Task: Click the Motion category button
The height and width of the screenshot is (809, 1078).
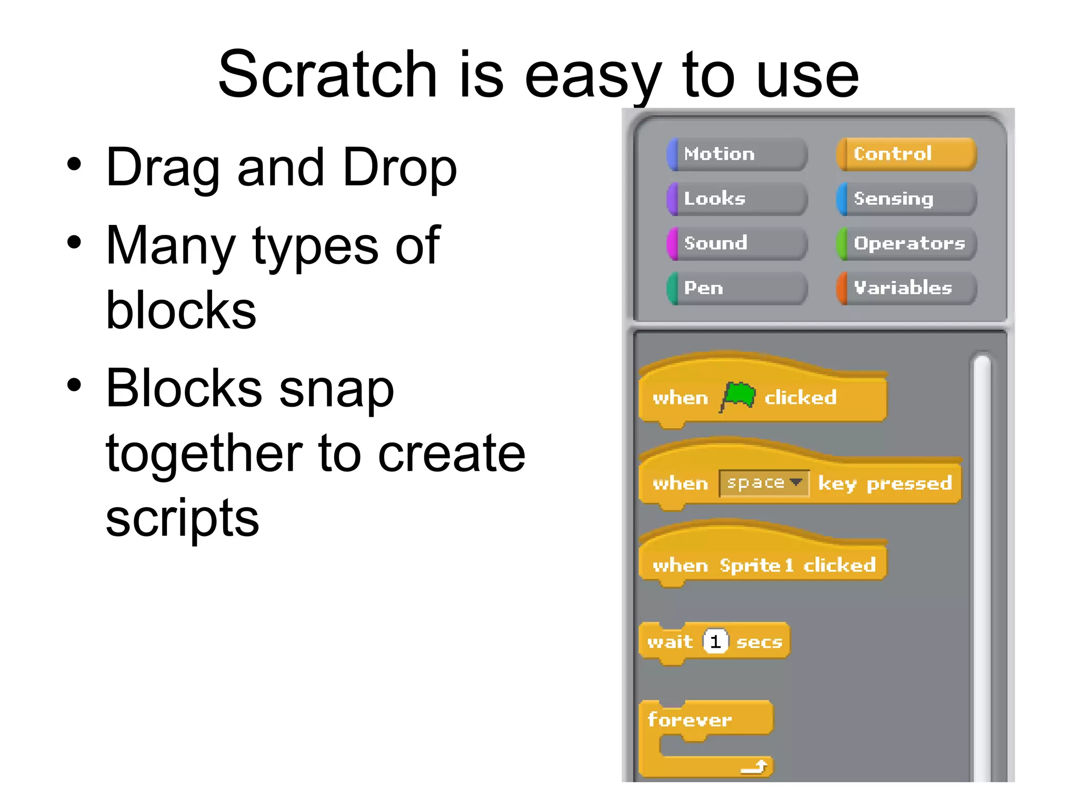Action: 737,154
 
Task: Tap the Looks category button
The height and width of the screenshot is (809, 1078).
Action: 737,199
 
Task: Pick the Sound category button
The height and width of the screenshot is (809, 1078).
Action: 737,243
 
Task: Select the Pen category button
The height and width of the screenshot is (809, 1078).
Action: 737,288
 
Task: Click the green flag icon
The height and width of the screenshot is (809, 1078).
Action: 738,396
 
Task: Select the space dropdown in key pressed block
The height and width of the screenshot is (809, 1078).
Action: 764,483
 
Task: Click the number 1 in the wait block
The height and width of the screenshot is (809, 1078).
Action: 715,642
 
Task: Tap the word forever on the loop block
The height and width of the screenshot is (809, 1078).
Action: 690,719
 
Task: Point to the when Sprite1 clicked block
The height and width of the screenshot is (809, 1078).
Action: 763,565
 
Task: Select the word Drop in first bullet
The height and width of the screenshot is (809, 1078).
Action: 400,167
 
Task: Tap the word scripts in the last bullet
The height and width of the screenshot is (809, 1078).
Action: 182,519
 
